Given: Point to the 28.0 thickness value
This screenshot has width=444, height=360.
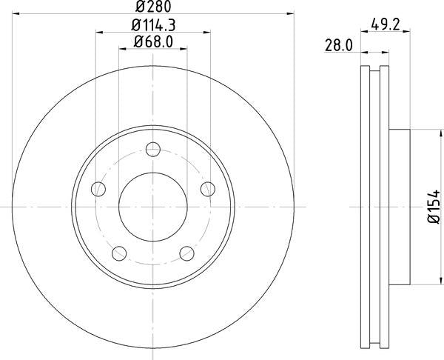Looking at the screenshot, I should (x=337, y=45).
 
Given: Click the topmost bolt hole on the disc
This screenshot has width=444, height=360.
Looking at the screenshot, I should (x=152, y=151).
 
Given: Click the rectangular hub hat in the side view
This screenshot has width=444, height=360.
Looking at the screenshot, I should (x=399, y=207).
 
